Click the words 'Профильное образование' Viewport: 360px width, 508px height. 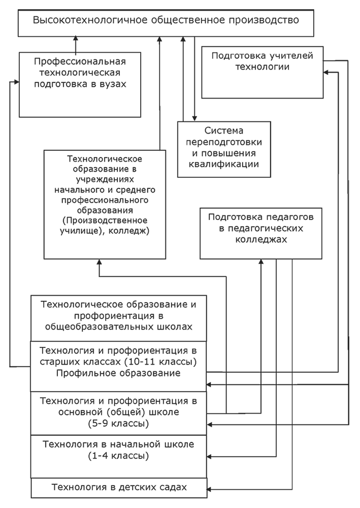tap(119, 373)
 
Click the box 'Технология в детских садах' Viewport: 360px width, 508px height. tap(119, 488)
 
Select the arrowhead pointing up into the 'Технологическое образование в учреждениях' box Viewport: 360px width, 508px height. tap(99, 262)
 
